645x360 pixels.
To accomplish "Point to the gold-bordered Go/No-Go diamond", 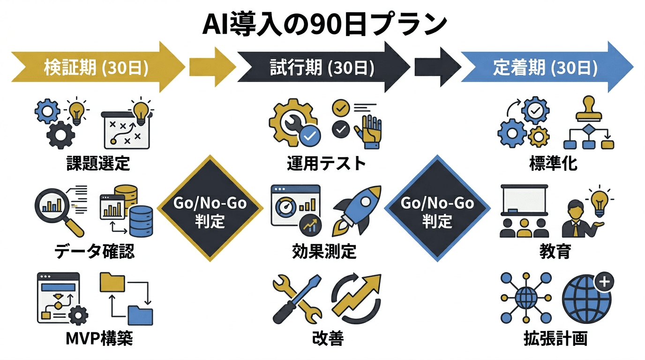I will click(x=210, y=209).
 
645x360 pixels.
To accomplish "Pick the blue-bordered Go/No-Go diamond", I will click(x=437, y=209).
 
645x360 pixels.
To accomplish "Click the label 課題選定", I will click(x=98, y=164).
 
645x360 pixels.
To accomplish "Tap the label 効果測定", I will click(x=324, y=252).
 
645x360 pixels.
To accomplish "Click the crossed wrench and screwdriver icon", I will click(x=297, y=300).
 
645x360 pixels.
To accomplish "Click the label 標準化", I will click(x=553, y=164).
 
